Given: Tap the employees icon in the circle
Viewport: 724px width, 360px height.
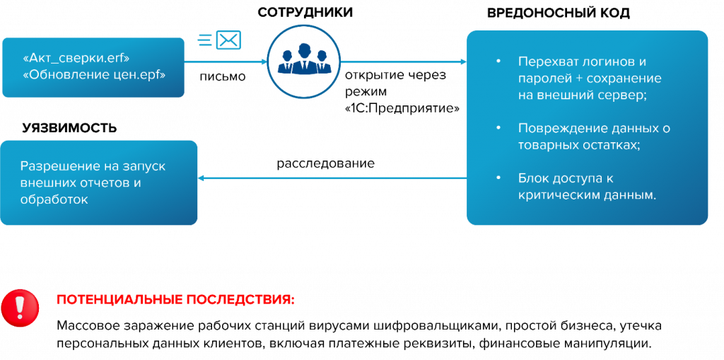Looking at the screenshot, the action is point(304,59).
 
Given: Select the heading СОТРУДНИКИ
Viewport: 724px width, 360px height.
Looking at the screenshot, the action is point(305,13).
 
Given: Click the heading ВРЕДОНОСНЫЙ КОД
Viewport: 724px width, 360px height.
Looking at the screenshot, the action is point(559,13).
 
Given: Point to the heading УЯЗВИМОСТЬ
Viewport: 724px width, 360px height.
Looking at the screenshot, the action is point(70,128).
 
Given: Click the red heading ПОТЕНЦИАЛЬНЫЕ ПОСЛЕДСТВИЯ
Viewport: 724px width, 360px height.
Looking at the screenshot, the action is point(175,300).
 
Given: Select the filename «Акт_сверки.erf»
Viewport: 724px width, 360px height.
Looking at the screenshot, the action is point(76,58).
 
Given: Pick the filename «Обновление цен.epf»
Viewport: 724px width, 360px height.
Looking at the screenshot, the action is point(94,74).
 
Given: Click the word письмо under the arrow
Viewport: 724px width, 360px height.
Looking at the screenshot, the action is point(223,77).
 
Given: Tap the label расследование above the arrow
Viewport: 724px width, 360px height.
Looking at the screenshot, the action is point(325,163).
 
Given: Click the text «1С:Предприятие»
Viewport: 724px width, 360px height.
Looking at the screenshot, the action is point(402,109).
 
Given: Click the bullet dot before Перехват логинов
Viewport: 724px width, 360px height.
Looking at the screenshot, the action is point(498,62).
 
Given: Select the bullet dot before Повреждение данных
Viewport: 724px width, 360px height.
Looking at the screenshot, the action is point(498,127).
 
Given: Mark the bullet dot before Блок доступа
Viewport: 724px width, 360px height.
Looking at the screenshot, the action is point(498,178).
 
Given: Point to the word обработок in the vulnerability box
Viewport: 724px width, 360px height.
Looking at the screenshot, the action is point(54,199).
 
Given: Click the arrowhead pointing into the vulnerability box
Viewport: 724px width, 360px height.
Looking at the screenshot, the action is point(202,178).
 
